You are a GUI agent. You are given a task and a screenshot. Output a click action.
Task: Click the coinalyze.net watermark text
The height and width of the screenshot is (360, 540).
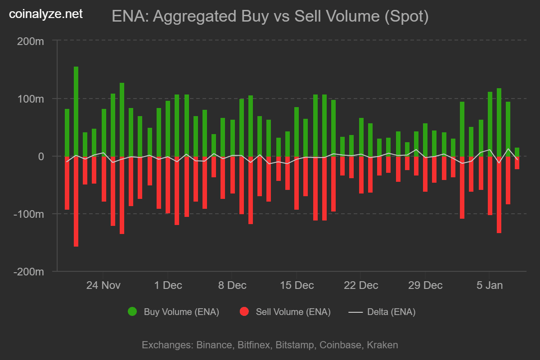pos(46,14)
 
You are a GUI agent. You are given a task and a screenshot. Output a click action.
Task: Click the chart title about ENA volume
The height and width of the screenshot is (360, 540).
pos(270,17)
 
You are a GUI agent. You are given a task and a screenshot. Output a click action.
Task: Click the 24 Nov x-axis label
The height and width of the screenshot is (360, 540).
pos(103,285)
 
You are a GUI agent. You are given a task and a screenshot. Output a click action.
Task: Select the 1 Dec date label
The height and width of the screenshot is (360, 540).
pos(167,285)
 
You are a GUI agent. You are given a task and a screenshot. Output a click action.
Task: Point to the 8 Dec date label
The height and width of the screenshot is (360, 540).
pos(232,285)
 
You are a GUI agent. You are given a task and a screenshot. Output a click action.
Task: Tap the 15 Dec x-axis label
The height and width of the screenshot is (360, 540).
pos(296,285)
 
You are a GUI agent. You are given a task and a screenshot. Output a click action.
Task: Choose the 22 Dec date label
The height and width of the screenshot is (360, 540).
pos(360,285)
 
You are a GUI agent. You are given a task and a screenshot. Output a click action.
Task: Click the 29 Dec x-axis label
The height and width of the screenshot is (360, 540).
pos(425,285)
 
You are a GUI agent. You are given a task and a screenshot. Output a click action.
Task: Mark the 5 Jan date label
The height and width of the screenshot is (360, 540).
pos(489,285)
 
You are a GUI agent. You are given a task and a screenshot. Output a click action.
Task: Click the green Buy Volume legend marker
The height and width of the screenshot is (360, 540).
pos(132,311)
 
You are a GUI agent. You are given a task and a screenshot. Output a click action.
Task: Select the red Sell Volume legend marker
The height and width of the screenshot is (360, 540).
pos(244,311)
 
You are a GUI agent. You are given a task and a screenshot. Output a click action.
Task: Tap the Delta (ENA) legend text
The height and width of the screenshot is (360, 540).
pos(391,311)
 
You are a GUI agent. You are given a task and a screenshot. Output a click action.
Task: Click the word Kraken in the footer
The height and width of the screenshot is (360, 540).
pos(382,345)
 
